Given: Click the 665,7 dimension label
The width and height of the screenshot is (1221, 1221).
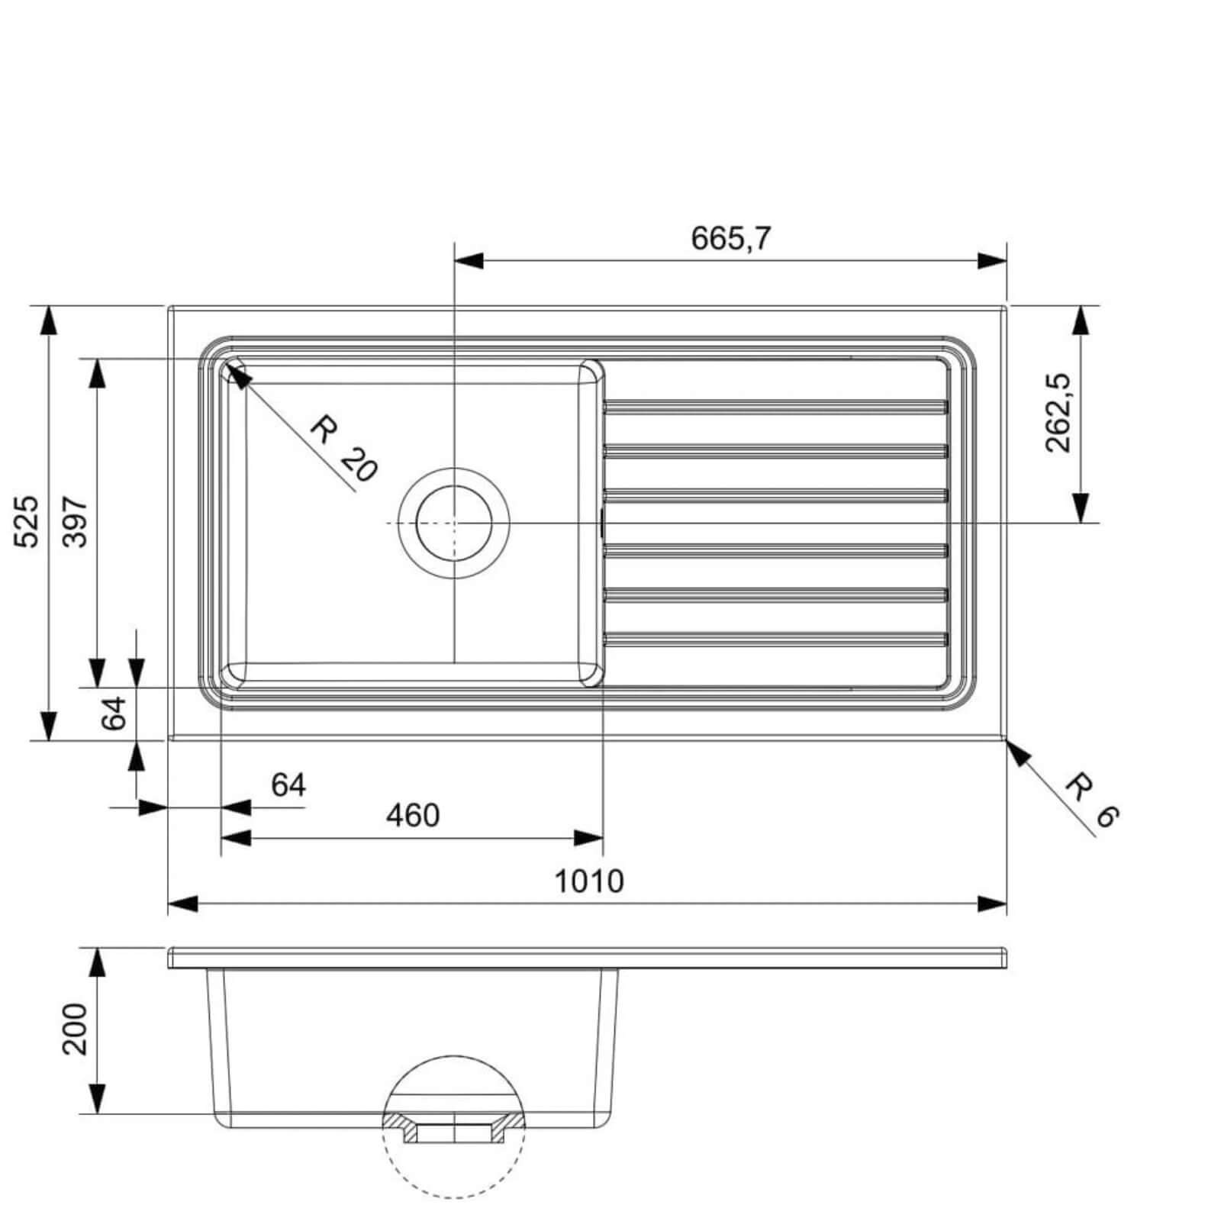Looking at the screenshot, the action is click(x=731, y=239).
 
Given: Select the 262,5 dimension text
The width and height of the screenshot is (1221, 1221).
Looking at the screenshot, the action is click(x=1059, y=413).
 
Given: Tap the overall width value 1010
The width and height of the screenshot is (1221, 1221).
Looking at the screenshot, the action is click(x=588, y=881).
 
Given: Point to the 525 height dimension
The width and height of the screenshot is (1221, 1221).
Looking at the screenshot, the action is click(x=27, y=521).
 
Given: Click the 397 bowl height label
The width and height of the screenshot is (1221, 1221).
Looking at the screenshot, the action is click(x=76, y=521).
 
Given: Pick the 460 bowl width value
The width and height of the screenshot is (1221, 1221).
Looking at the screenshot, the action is click(x=413, y=816).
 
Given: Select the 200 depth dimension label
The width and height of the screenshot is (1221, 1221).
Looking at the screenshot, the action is click(x=75, y=1029).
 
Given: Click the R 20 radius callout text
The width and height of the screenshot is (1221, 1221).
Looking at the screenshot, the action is click(x=344, y=448).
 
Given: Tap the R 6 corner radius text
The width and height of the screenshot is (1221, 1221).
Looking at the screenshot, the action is click(x=1092, y=800).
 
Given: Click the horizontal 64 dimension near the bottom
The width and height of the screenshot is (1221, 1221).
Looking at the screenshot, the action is click(x=288, y=784).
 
